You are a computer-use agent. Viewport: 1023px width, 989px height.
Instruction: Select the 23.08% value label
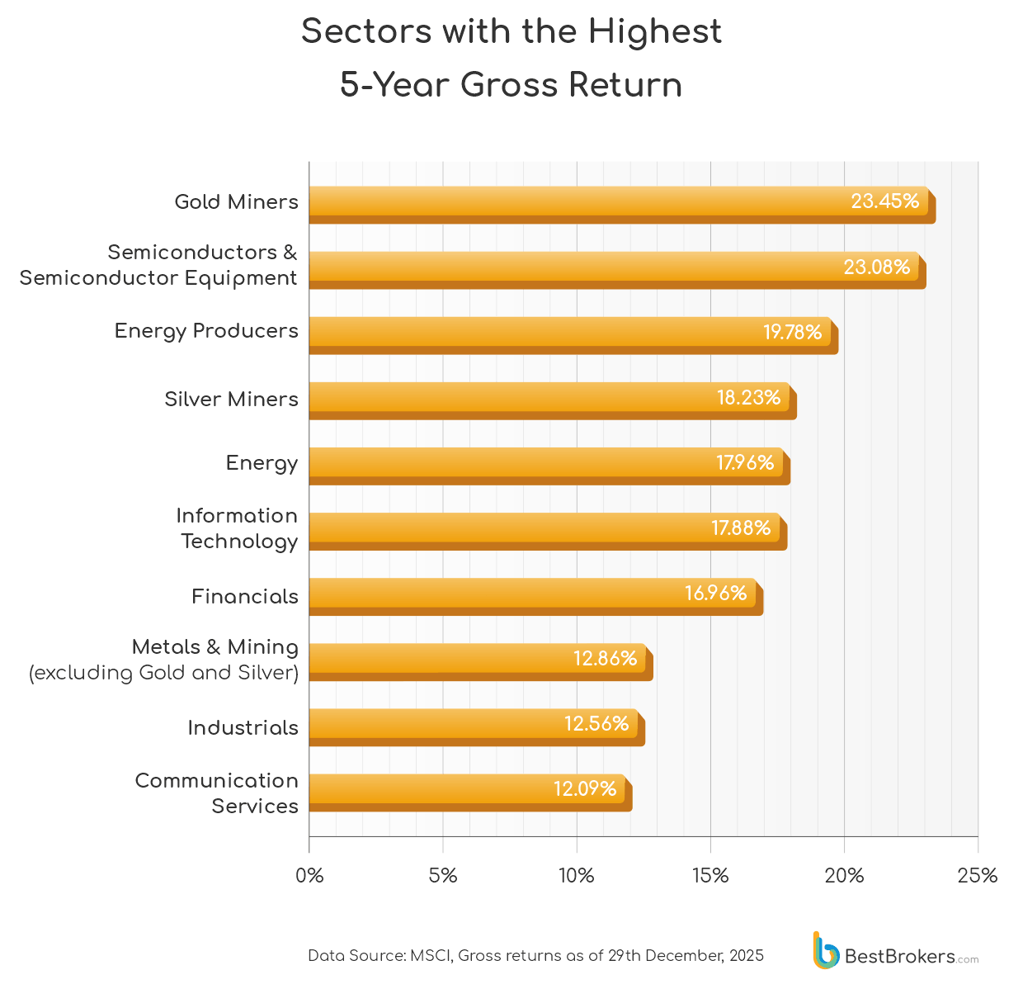(x=876, y=267)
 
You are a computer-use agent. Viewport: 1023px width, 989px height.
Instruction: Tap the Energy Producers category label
(x=206, y=331)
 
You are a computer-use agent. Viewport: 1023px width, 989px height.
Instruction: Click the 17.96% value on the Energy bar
(x=744, y=462)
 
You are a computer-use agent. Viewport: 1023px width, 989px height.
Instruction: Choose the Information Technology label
(x=238, y=528)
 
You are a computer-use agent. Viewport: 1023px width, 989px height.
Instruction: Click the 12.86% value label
(x=605, y=658)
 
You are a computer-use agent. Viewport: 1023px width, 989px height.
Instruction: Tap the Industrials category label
(x=243, y=727)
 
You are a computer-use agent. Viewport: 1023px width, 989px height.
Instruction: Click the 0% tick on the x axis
(x=309, y=876)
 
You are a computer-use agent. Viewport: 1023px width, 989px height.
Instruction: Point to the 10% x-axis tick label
(x=576, y=876)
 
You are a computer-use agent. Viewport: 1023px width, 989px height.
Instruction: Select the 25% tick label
(x=977, y=876)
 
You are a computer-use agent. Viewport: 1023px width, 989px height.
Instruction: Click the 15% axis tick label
(x=710, y=876)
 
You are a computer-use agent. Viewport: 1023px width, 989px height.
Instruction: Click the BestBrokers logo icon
(x=824, y=950)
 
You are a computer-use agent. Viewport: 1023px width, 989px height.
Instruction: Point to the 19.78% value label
(x=792, y=332)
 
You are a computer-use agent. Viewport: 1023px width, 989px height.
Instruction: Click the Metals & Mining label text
(x=214, y=647)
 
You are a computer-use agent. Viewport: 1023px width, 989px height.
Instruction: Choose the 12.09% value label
(x=584, y=788)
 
